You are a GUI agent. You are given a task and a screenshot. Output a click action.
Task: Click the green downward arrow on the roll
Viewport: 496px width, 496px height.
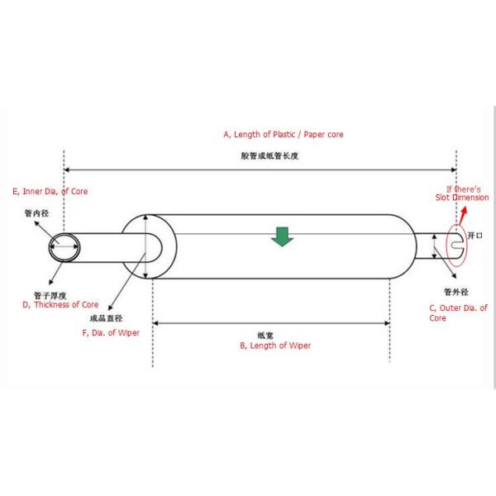(x=283, y=237)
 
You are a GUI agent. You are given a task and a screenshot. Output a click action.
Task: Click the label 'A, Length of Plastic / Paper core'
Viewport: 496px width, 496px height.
(x=283, y=134)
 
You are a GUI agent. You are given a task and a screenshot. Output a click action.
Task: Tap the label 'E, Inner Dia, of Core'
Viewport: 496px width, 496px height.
(x=50, y=191)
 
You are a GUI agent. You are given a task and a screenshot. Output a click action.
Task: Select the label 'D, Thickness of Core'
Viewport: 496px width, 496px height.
(x=60, y=304)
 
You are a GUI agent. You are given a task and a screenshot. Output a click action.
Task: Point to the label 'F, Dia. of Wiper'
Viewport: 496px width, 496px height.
(x=111, y=332)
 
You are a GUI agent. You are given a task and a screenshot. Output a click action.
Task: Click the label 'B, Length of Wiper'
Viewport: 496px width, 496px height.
(x=275, y=346)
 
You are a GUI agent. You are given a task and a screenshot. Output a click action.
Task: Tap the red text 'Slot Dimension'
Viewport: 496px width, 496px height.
(x=462, y=198)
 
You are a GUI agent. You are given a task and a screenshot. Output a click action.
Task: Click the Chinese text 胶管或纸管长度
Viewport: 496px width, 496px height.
(x=264, y=155)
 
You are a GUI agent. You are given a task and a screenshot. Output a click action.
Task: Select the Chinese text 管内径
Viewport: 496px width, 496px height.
(x=38, y=213)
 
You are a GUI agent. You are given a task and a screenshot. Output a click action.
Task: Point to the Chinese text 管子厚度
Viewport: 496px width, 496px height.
(x=50, y=294)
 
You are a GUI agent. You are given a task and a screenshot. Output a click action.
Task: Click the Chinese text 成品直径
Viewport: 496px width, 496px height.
(x=107, y=317)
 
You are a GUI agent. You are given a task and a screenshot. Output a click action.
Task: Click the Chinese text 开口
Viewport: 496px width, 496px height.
(x=474, y=236)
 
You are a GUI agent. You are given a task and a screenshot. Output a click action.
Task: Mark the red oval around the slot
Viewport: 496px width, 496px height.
(x=447, y=246)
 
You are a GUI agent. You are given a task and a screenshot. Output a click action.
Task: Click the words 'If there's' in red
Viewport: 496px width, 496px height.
(x=464, y=188)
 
